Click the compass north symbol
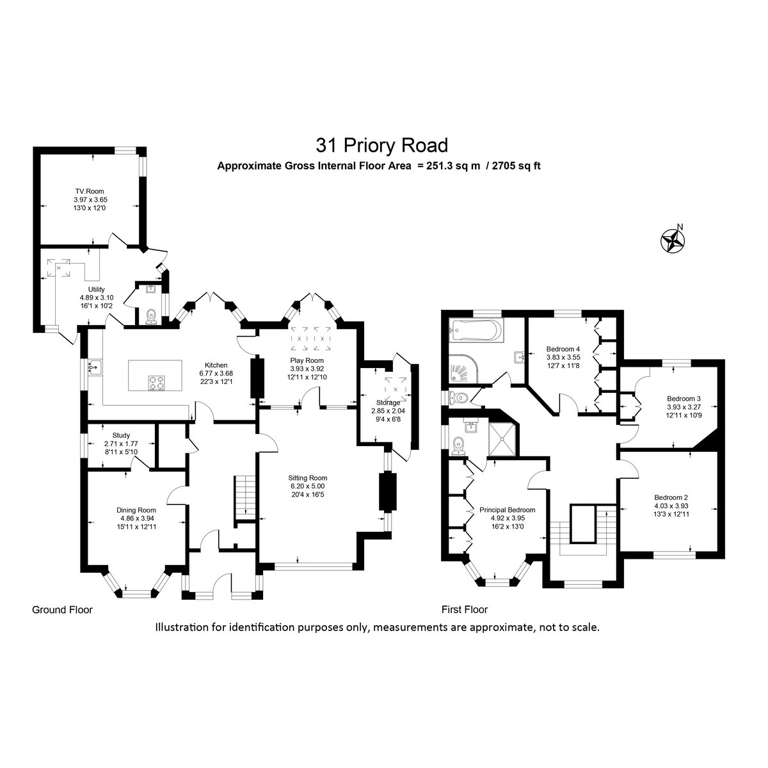[x=673, y=240]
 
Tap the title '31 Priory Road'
[x=382, y=145]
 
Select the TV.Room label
[x=90, y=191]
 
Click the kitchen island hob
[x=156, y=383]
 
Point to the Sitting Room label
[x=307, y=478]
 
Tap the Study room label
[x=121, y=435]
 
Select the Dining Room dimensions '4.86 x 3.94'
[x=137, y=518]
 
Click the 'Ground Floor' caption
[x=62, y=610]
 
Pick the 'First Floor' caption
[x=464, y=609]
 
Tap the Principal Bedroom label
[x=507, y=509]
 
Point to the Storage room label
[x=388, y=403]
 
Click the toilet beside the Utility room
[x=151, y=317]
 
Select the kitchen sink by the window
[x=95, y=367]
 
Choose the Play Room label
[x=307, y=360]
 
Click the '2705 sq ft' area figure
[x=516, y=166]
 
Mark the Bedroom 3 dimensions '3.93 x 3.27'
[x=684, y=407]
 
